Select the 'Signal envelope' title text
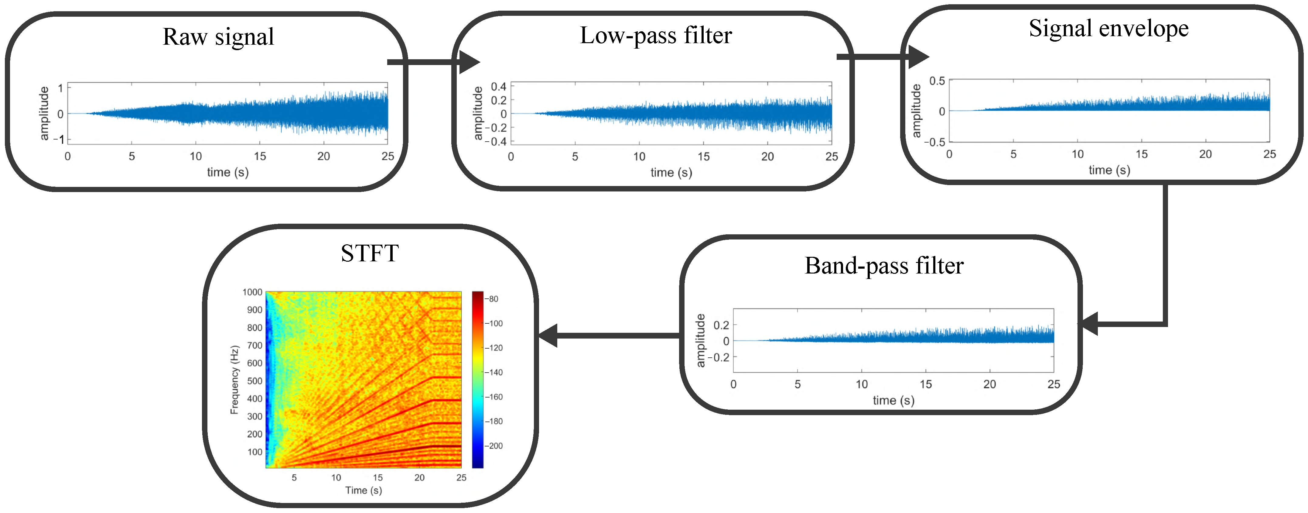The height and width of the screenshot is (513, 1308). [1108, 29]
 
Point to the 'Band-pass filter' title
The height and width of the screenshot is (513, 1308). [884, 266]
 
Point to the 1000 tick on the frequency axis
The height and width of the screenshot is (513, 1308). [252, 292]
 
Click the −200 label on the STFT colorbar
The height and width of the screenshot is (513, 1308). [495, 446]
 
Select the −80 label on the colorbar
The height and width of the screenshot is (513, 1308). [493, 299]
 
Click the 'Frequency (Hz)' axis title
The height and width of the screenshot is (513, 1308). [234, 380]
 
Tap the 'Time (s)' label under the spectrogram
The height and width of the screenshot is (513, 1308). [364, 491]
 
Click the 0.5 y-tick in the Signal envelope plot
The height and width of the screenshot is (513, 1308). [937, 81]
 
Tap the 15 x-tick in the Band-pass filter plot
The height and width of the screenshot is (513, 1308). [926, 384]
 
